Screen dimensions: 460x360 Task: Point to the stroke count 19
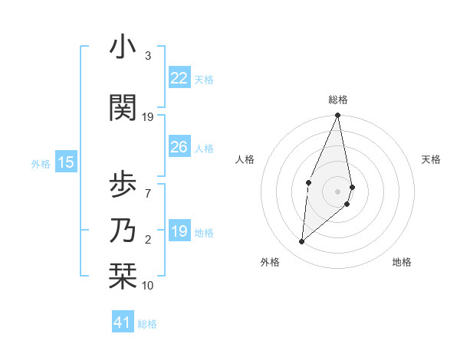point(148,117)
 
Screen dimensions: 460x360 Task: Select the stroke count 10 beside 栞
point(148,286)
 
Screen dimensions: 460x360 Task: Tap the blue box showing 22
point(179,78)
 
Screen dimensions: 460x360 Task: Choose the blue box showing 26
point(179,147)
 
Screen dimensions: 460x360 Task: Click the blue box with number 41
point(123,323)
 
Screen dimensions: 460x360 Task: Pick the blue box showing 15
point(65,162)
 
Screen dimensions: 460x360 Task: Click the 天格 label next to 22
point(204,80)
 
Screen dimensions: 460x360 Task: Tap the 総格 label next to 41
point(147,325)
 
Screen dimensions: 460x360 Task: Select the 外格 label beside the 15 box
point(40,164)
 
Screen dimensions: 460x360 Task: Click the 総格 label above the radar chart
point(337,100)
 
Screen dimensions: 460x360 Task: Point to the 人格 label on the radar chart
point(245,159)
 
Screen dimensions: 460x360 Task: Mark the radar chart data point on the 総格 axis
point(337,116)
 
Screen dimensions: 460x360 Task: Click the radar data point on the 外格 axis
point(302,242)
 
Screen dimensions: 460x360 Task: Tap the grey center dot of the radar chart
point(337,191)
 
